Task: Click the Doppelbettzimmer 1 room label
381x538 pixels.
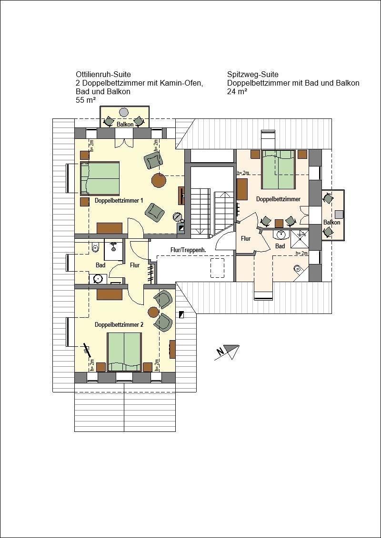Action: pos(119,200)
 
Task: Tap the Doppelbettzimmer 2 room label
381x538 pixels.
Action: pos(119,324)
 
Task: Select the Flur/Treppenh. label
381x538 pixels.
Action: pos(188,250)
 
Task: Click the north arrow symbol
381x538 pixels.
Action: pos(226,352)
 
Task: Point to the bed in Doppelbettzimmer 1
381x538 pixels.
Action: pos(100,178)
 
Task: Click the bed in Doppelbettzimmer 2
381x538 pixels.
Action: pos(124,352)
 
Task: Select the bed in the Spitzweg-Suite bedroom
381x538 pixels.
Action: pos(278,169)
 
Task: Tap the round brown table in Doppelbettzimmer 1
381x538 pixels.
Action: pos(159,180)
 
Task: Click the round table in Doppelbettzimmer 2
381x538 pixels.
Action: pos(153,312)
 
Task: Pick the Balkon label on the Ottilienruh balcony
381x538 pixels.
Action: pos(125,124)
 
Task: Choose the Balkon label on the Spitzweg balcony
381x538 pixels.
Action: pos(331,223)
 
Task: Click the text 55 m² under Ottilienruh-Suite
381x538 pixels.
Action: pos(86,100)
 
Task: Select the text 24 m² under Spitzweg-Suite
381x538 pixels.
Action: pos(237,92)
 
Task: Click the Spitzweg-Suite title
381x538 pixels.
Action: pos(252,74)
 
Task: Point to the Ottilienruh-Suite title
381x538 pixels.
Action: pos(103,74)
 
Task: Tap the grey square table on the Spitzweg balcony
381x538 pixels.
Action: pos(339,214)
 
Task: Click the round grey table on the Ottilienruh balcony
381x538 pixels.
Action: pos(124,112)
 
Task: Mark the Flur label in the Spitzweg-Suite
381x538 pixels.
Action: pos(246,238)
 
